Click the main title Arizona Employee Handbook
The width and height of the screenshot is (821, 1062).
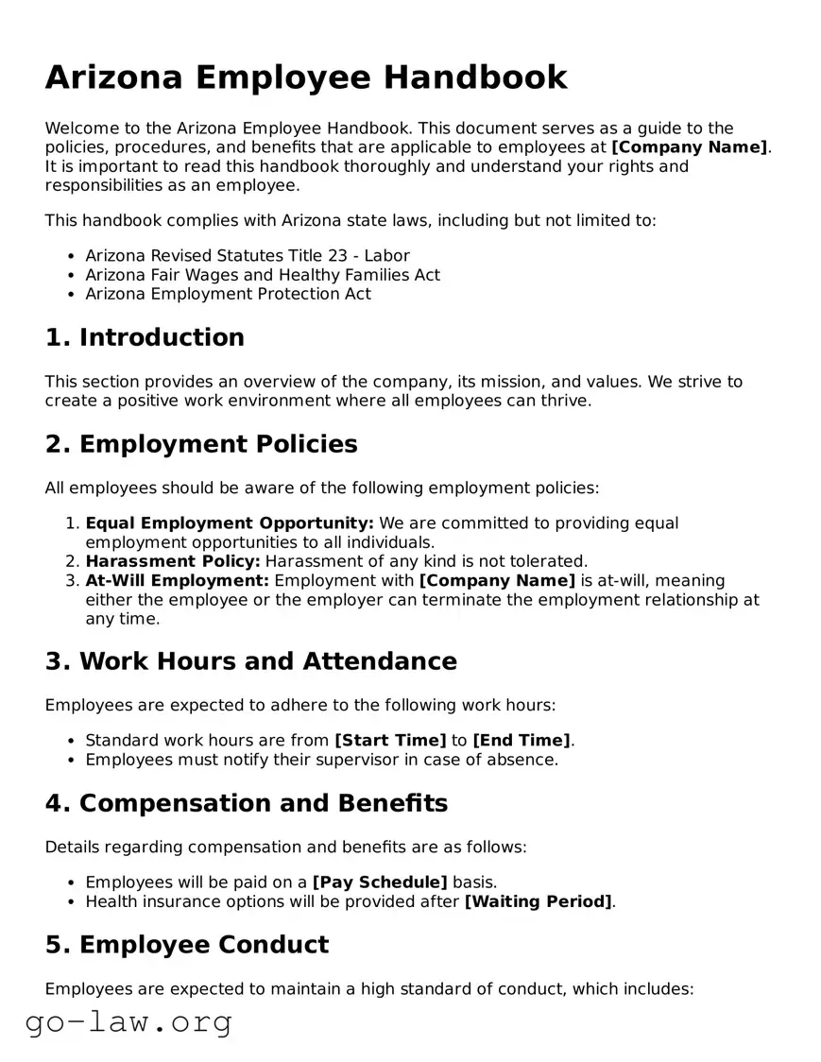(x=306, y=77)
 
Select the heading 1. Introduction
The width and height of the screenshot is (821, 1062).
(x=145, y=337)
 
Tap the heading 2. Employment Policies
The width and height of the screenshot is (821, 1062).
(x=201, y=444)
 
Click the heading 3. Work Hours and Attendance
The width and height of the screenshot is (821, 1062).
(x=250, y=661)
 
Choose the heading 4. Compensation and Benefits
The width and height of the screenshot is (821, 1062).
(x=246, y=803)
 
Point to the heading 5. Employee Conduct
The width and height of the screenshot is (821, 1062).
(x=187, y=945)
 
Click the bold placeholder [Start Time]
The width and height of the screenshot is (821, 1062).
(x=390, y=741)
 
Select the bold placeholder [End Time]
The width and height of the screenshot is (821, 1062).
(x=522, y=741)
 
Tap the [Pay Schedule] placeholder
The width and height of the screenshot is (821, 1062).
(x=380, y=882)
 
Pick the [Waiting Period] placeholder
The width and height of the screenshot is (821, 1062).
(x=538, y=901)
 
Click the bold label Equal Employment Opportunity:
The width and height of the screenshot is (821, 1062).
(x=230, y=523)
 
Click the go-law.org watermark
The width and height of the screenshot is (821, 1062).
(x=128, y=1021)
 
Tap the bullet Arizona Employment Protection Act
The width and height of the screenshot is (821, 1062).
(x=228, y=294)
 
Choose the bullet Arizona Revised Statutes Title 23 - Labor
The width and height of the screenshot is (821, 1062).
(x=248, y=256)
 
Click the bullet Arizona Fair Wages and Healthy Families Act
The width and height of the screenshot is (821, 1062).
(x=263, y=275)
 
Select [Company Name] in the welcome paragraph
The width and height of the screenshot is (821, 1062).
(x=689, y=147)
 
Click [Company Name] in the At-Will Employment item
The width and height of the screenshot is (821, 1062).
(x=497, y=580)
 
